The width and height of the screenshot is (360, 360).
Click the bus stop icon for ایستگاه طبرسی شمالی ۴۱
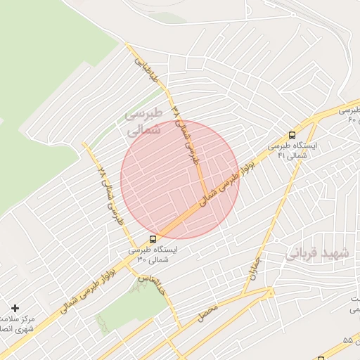click(292, 135)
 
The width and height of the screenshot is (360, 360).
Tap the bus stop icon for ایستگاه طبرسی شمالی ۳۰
click(154, 239)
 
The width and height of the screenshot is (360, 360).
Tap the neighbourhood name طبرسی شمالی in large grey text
click(143, 121)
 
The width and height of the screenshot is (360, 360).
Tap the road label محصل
click(207, 309)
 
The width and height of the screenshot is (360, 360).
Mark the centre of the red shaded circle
click(179, 179)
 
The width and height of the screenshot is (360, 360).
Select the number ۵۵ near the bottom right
click(347, 340)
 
